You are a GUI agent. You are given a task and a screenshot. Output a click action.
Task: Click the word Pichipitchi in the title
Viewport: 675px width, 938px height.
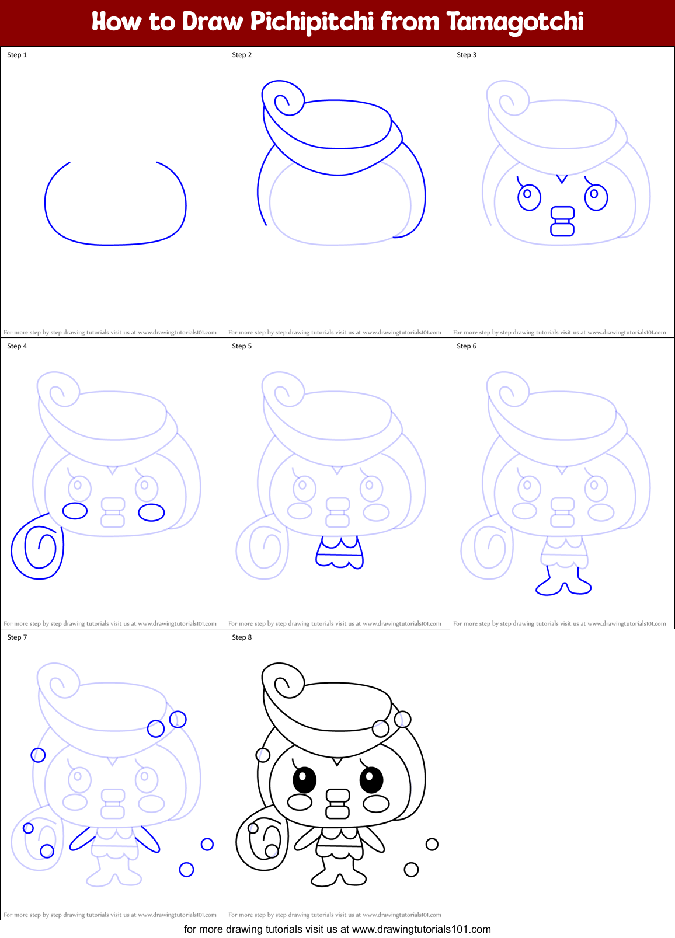312,22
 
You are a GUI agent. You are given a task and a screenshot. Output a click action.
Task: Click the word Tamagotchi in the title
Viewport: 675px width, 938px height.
515,22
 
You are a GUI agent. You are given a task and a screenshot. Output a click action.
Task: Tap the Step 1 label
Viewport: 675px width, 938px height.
17,55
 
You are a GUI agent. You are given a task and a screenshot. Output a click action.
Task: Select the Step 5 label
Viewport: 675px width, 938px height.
242,346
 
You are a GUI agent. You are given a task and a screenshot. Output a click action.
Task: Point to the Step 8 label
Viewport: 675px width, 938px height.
242,637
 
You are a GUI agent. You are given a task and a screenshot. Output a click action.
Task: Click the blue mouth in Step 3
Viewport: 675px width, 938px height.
562,221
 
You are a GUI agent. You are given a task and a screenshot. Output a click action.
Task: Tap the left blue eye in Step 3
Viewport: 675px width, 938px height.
529,197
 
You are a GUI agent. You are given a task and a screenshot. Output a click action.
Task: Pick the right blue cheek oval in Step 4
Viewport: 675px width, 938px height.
151,512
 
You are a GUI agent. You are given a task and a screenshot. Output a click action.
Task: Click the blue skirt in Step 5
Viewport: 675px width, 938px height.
339,553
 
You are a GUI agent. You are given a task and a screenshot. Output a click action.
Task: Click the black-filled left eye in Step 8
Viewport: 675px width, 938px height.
304,779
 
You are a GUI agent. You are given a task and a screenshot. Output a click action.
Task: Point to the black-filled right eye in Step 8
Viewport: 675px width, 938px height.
371,779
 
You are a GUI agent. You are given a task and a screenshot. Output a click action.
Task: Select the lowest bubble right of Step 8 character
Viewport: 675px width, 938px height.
411,870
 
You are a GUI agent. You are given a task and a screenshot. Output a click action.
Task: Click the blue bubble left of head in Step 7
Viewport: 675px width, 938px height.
38,755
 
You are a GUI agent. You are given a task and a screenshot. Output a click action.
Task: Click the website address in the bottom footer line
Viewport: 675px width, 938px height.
421,929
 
